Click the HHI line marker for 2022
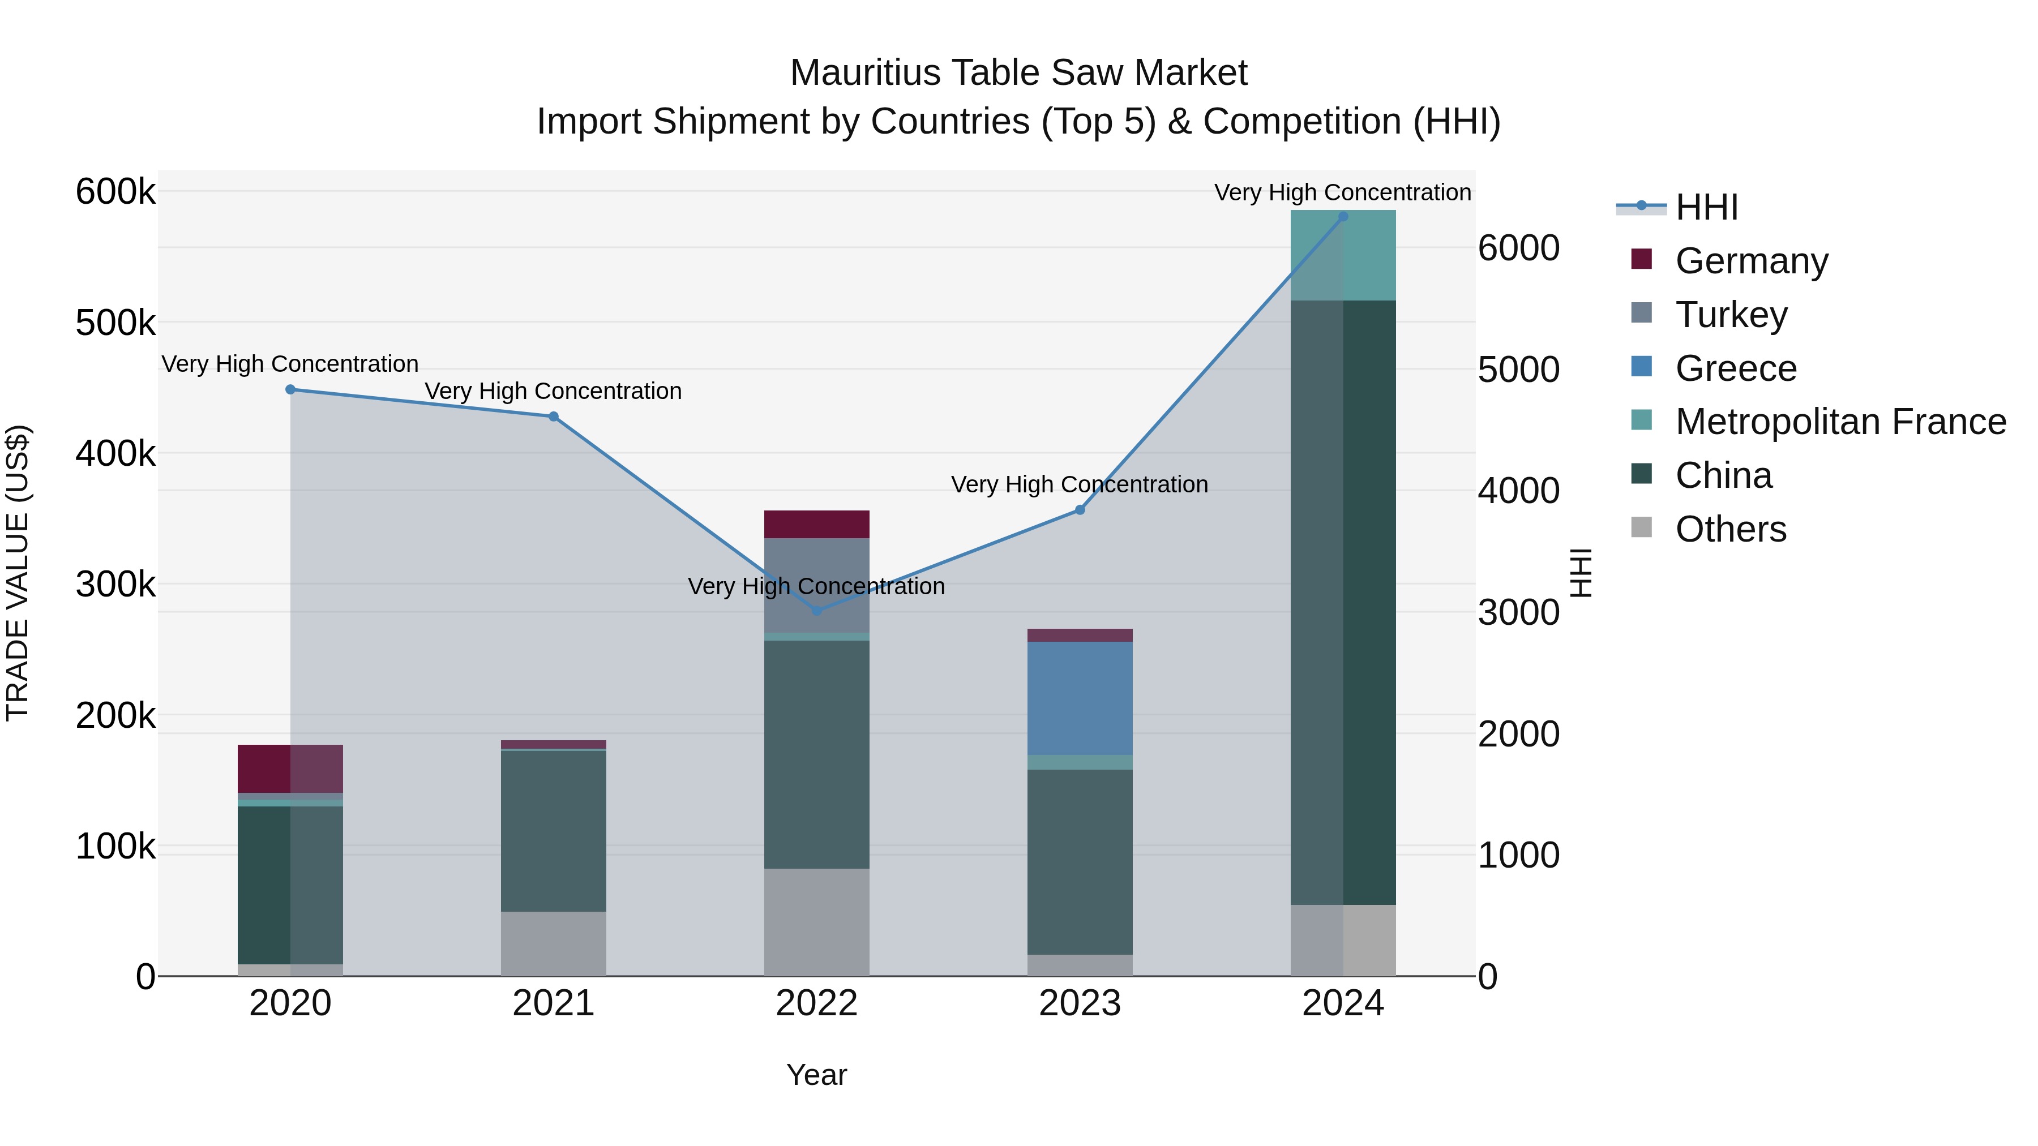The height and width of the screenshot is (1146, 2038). pos(816,611)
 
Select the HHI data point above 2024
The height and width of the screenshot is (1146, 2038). pos(1343,217)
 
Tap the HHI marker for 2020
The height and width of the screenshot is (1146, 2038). pos(290,390)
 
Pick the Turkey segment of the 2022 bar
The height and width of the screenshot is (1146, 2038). pos(816,585)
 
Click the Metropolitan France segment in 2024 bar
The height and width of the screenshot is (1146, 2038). pos(1343,255)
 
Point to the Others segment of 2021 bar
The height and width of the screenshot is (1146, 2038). pos(553,943)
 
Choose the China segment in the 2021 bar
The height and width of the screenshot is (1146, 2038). pos(553,830)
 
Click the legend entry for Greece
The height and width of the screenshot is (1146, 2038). pos(1736,368)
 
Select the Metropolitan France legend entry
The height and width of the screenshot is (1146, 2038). pos(1840,422)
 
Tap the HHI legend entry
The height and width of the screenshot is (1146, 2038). pos(1706,207)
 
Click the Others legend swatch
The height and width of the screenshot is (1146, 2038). pos(1642,527)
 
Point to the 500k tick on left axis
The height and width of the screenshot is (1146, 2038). pos(115,323)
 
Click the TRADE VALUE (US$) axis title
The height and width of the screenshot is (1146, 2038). pos(18,573)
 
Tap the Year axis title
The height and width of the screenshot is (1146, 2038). pos(816,1075)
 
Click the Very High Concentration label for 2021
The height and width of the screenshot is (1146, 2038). pos(553,392)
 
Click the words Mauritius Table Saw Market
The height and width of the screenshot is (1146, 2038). pos(1018,73)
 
